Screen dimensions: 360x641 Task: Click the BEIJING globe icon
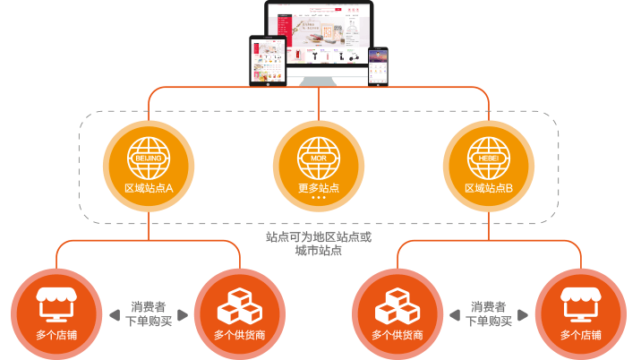[149, 159]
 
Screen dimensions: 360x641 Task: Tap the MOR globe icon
[319, 159]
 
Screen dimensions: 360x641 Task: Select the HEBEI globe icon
[489, 159]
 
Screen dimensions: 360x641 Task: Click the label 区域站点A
[149, 189]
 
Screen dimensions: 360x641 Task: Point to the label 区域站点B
[489, 189]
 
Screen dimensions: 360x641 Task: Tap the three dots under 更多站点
[319, 198]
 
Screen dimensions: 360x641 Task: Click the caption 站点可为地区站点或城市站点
[319, 244]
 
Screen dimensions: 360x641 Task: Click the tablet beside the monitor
[267, 60]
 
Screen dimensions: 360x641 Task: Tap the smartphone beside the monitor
[378, 64]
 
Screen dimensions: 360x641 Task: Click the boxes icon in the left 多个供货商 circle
[240, 307]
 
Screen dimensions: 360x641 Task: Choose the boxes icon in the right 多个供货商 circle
[397, 307]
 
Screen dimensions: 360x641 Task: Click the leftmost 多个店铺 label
[56, 336]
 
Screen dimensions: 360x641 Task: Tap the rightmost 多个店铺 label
[581, 336]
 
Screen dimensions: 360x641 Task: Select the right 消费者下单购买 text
[489, 313]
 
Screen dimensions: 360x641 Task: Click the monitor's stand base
[320, 83]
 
